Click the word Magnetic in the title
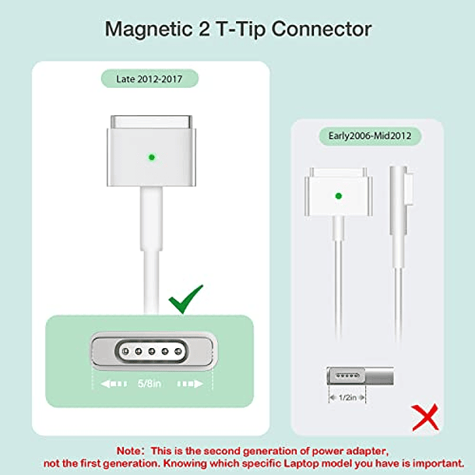[149, 30]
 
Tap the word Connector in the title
[322, 29]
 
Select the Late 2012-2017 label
[150, 79]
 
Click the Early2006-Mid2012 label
[370, 136]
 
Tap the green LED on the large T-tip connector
[152, 157]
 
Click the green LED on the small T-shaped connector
[339, 196]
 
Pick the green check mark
[185, 299]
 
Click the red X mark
[425, 417]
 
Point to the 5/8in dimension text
[150, 384]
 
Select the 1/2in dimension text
[347, 397]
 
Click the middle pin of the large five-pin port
[152, 351]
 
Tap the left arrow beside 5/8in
[114, 384]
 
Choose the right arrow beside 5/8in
[190, 384]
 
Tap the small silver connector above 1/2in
[361, 376]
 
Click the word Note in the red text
[128, 451]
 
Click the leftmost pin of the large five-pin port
[125, 351]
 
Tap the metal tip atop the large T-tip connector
[152, 121]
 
